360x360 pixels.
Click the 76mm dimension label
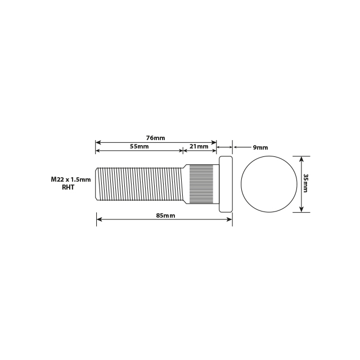(x=156, y=138)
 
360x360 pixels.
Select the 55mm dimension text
(x=139, y=146)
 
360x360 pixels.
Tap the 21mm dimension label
(x=199, y=146)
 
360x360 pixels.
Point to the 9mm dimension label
(x=260, y=147)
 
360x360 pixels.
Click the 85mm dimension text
(x=165, y=215)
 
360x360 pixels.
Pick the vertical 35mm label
(x=306, y=183)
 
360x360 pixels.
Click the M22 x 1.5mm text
(x=70, y=179)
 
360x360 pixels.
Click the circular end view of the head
(x=268, y=184)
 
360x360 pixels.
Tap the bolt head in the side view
(x=224, y=184)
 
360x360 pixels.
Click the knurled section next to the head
(x=201, y=184)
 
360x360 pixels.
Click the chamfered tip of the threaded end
(x=98, y=184)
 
